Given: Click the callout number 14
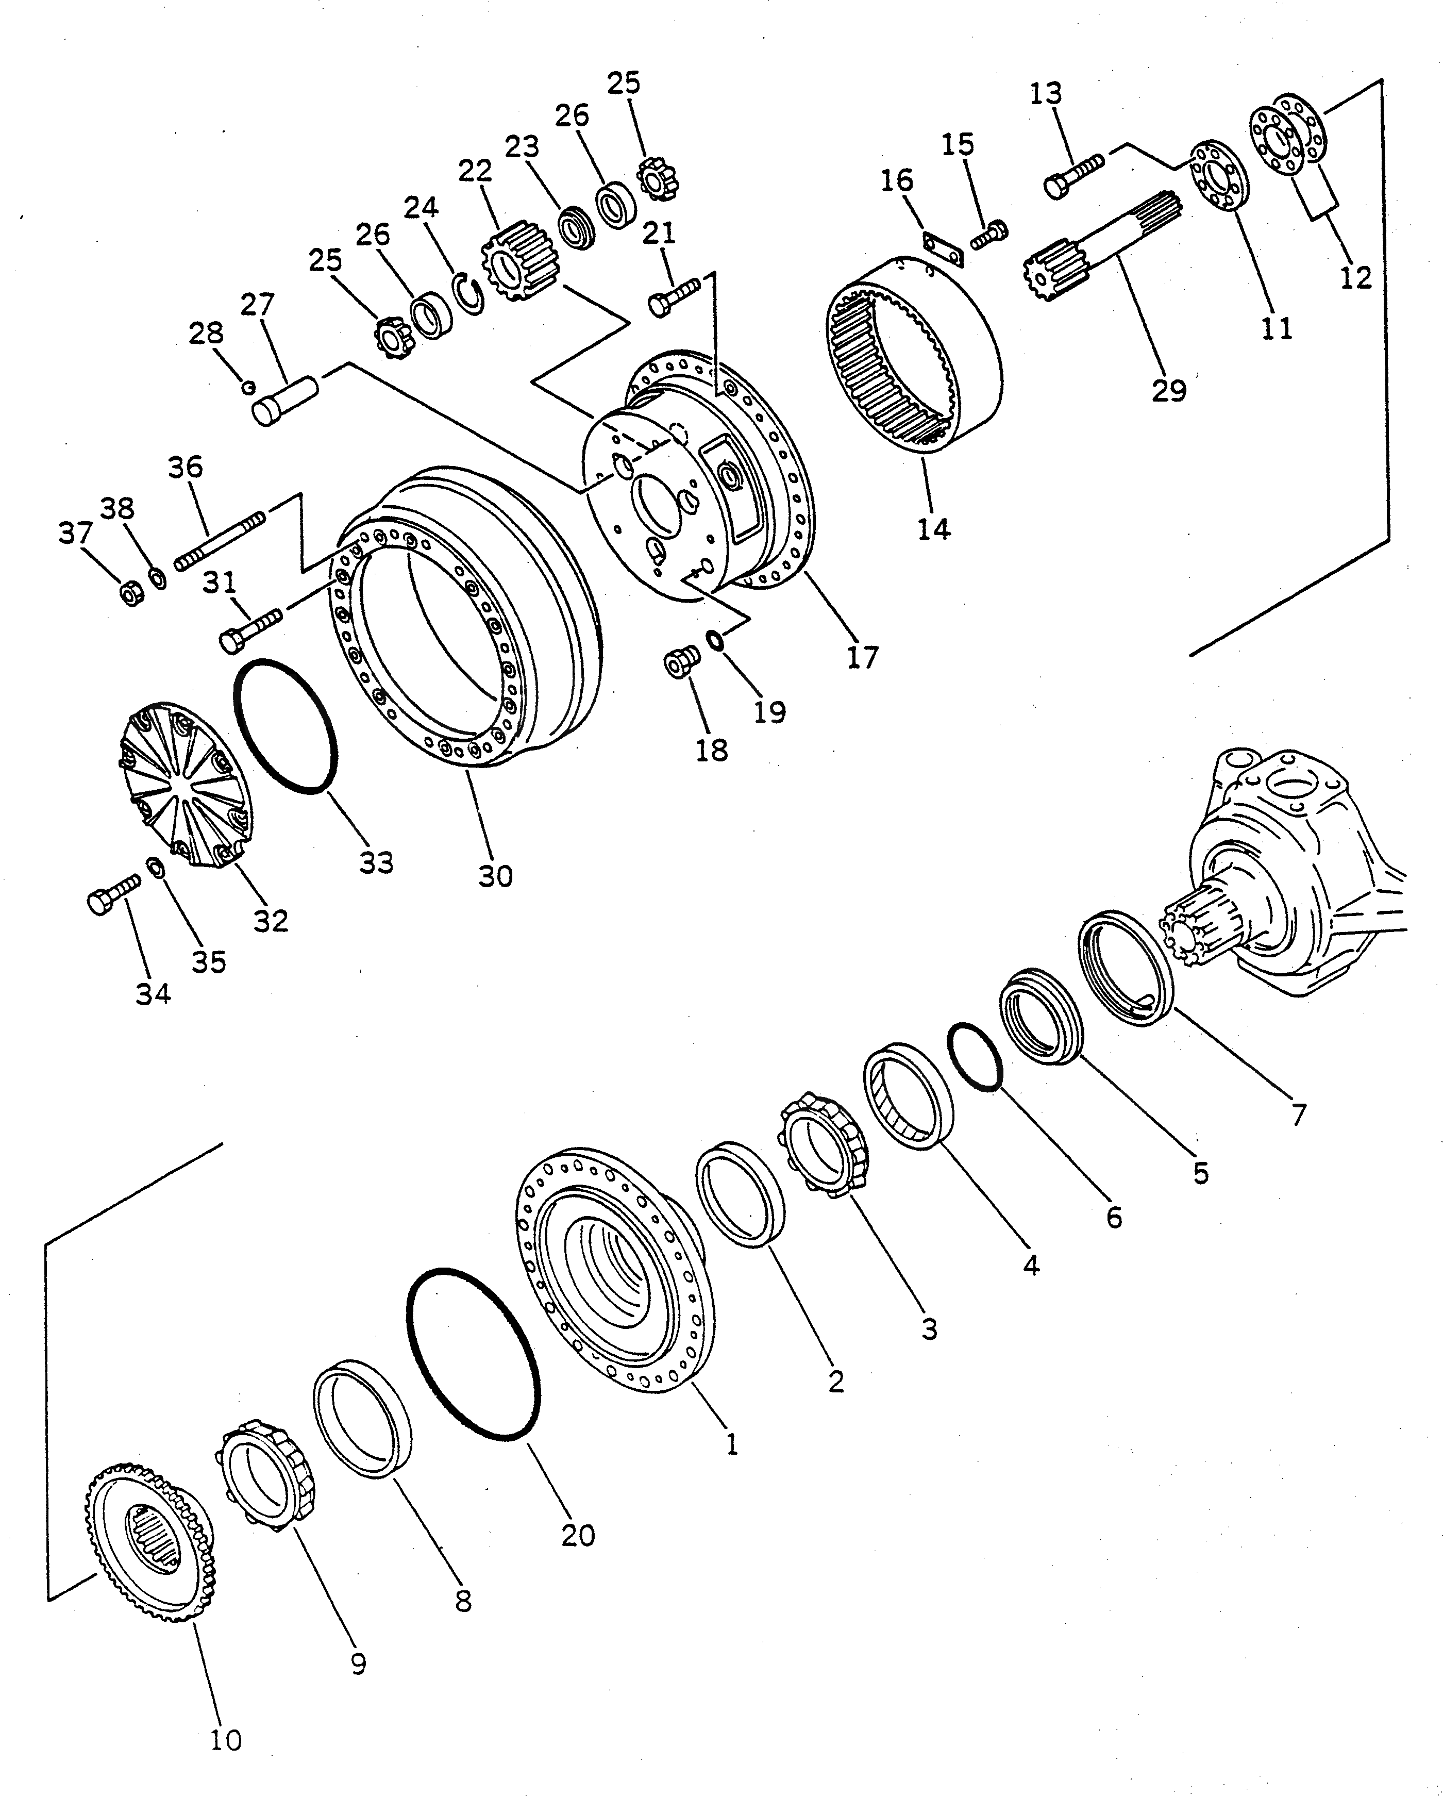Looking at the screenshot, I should click(933, 528).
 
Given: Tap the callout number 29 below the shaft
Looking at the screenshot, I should click(1168, 390).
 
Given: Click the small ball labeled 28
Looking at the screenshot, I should click(246, 386).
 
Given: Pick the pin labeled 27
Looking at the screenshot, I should click(285, 401).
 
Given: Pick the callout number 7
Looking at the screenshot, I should click(1298, 1115).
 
